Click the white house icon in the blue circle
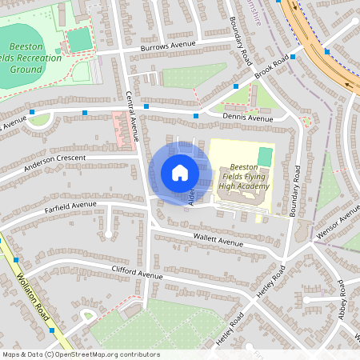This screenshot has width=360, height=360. click(x=180, y=173)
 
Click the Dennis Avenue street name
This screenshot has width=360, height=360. click(x=248, y=118)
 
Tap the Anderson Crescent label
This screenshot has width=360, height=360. click(x=54, y=161)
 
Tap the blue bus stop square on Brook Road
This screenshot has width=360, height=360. click(x=294, y=57)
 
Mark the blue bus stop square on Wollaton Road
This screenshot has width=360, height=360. click(x=51, y=329)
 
